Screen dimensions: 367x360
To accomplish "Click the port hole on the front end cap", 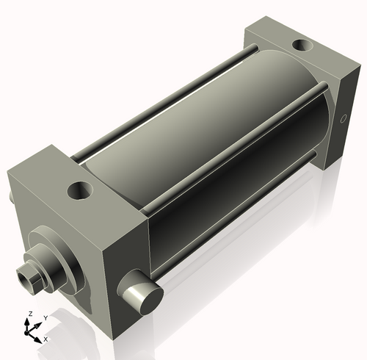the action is pyautogui.click(x=81, y=191).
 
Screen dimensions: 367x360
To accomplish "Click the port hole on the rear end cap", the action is pyautogui.click(x=302, y=46).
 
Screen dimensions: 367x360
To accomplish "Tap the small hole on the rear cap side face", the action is pyautogui.click(x=344, y=118).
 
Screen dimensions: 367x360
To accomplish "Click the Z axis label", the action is pyautogui.click(x=31, y=314).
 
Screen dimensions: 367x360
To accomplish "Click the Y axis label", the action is pyautogui.click(x=46, y=318).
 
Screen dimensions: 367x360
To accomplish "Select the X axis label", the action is pyautogui.click(x=46, y=339).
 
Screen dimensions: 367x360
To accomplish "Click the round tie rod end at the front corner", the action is pyautogui.click(x=141, y=292).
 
